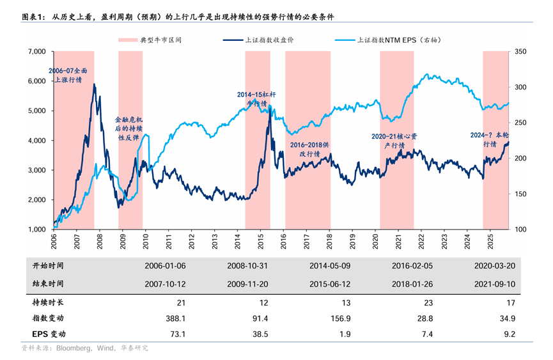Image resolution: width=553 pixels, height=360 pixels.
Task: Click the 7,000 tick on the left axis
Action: click(x=35, y=51)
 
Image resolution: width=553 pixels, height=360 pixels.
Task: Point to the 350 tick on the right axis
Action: click(x=520, y=51)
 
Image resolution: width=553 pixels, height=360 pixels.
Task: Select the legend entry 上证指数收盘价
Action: click(x=269, y=40)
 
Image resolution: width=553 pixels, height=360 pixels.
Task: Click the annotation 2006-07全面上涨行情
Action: click(x=67, y=75)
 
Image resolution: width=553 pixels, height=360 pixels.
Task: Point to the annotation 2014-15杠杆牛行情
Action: click(x=256, y=98)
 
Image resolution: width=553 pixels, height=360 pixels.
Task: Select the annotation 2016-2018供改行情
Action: click(x=309, y=149)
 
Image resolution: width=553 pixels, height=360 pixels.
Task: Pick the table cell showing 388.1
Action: click(x=175, y=318)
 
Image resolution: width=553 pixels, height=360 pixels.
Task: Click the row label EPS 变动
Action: click(x=49, y=334)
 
